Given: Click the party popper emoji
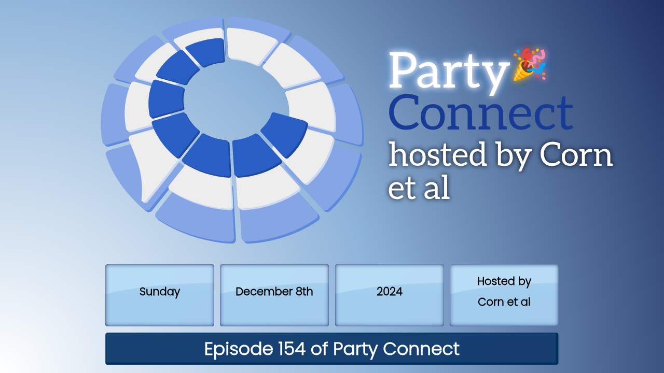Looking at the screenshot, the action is point(530,64).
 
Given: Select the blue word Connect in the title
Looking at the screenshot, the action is point(481,113).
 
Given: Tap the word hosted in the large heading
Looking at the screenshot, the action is point(437,154).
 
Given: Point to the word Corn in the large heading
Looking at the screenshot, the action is point(576,155).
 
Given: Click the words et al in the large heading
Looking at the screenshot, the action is point(419,187).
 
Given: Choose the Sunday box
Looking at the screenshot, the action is point(160,295).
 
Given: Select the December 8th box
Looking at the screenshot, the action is point(274,295).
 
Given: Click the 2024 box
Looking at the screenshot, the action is point(389,295).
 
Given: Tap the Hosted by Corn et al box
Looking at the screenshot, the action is point(504,295).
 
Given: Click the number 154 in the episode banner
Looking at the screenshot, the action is point(292,349).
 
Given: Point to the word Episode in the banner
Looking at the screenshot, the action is point(239,349).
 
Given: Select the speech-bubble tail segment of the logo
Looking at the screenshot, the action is point(154,166).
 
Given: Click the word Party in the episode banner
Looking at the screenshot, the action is point(355,349).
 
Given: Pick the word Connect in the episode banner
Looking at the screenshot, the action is point(421,349).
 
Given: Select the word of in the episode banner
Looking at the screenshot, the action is point(319,349).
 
